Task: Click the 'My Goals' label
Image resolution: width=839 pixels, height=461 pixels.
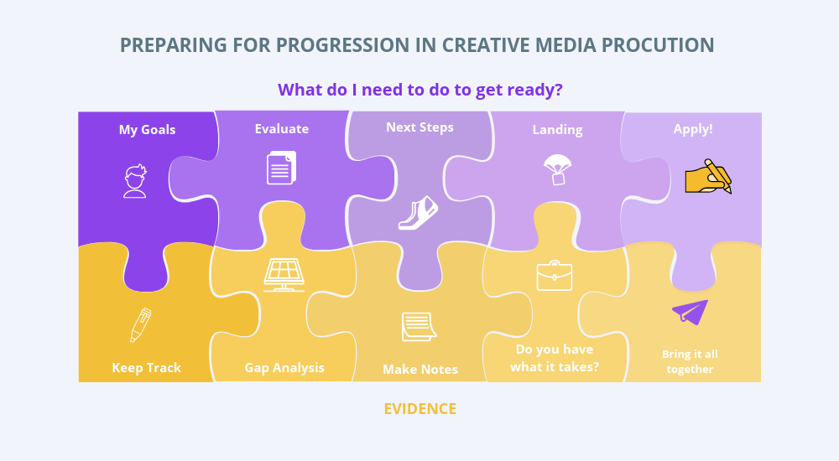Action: pyautogui.click(x=147, y=130)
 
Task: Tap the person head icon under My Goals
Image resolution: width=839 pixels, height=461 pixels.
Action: pyautogui.click(x=135, y=181)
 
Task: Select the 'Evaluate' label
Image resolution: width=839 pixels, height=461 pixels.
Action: pyautogui.click(x=281, y=129)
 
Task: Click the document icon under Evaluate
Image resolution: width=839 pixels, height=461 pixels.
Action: pyautogui.click(x=281, y=168)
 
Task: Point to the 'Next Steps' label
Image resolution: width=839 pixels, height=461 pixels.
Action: pyautogui.click(x=420, y=127)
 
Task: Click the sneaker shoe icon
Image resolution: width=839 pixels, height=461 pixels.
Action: pyautogui.click(x=418, y=213)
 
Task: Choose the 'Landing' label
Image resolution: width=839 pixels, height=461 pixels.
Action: pyautogui.click(x=558, y=130)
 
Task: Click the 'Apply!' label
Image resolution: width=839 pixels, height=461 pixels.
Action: pyautogui.click(x=693, y=129)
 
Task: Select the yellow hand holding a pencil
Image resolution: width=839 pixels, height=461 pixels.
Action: pyautogui.click(x=708, y=177)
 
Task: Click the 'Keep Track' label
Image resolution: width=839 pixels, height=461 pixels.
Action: pyautogui.click(x=147, y=368)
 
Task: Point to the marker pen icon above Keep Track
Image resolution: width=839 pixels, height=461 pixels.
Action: pyautogui.click(x=141, y=324)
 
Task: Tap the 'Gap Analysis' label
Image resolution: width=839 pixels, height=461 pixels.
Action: pyautogui.click(x=284, y=368)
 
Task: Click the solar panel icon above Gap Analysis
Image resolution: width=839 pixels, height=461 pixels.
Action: pyautogui.click(x=284, y=276)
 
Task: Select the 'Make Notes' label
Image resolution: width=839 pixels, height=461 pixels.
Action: pyautogui.click(x=420, y=370)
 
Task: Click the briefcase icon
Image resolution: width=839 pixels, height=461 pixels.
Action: pyautogui.click(x=555, y=276)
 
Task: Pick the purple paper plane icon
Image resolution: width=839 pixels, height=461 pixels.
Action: pyautogui.click(x=690, y=312)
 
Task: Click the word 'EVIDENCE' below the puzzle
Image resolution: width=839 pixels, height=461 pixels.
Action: pyautogui.click(x=420, y=409)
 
